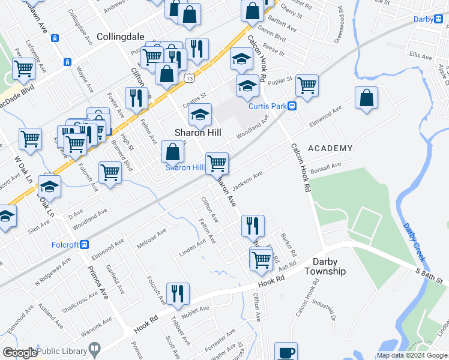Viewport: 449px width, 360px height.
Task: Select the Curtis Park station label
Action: pyautogui.click(x=269, y=106)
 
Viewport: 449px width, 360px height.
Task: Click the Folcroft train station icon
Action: pyautogui.click(x=85, y=244)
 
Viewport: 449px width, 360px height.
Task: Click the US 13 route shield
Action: pyautogui.click(x=190, y=78)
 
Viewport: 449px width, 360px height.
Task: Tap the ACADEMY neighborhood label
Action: pyautogui.click(x=330, y=148)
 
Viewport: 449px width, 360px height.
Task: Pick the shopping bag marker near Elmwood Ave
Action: pyautogui.click(x=366, y=98)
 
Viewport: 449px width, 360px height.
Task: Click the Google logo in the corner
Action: pyautogui.click(x=20, y=353)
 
